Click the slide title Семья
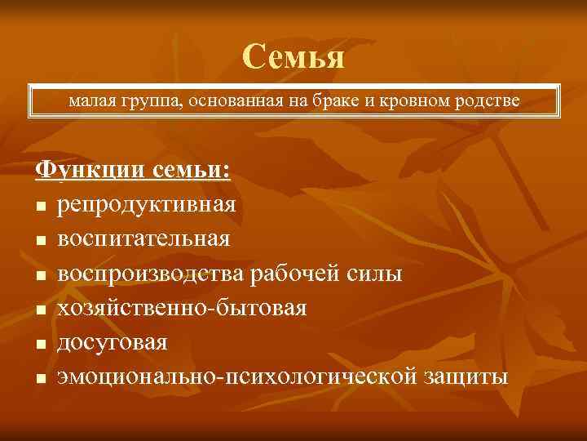293,56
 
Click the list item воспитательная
143,238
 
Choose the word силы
377,273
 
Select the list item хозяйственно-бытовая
183,308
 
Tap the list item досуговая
113,342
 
